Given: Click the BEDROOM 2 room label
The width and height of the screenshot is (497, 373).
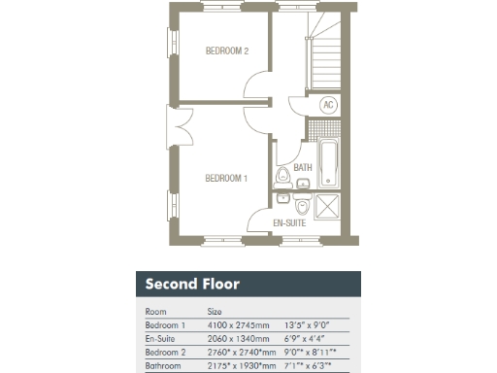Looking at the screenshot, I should pos(228,51).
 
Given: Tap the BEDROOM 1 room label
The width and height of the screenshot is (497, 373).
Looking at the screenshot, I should pos(225,178).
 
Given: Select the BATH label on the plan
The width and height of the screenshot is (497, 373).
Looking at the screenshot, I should pos(303,168).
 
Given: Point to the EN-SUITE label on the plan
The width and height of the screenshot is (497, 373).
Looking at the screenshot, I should pos(290,222).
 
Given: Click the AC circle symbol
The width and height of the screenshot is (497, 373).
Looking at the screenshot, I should pos(327,106).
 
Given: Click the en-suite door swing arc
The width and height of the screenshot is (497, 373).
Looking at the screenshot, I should pos(259,221).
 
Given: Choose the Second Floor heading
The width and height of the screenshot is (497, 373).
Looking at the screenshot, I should pos(192,285).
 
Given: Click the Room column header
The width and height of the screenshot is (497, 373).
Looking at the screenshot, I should pos(155,312).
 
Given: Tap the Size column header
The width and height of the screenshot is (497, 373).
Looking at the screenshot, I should pos(215,312).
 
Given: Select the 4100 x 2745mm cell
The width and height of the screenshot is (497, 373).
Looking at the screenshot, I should pos(236,325).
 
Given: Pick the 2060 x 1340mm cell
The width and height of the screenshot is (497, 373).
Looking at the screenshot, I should pos(236,339).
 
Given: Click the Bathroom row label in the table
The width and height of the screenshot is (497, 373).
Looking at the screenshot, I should pos(162,366).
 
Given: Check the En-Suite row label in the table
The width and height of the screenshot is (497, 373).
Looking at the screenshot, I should pos(160,339).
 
